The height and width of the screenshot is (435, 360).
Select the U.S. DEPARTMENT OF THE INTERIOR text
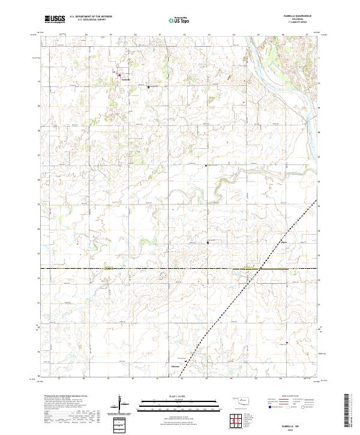click(x=91, y=17)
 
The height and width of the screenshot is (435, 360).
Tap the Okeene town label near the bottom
click(x=176, y=367)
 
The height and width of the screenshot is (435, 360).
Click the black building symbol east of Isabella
click(x=149, y=87)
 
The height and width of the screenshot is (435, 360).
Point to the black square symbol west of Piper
click(x=208, y=242)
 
